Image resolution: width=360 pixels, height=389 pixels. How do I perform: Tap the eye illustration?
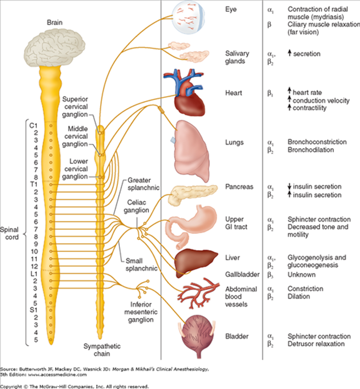[x=189, y=19]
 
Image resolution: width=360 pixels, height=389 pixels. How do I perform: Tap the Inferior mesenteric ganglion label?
[x=141, y=312]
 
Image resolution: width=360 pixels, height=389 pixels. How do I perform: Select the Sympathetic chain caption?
[x=100, y=350]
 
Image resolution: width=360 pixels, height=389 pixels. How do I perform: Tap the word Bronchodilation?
[x=310, y=150]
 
